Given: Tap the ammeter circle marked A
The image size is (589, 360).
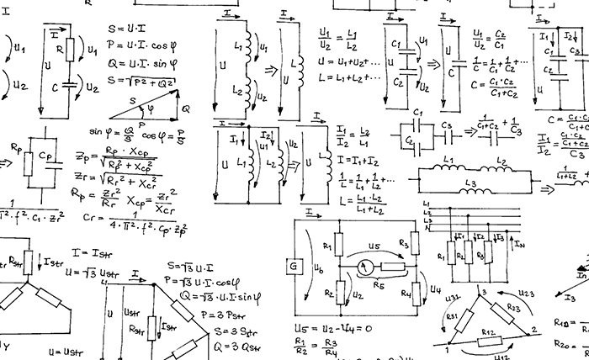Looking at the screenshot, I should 365,267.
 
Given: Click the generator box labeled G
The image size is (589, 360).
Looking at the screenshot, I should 296,268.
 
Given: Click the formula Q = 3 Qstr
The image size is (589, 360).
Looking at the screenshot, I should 223,345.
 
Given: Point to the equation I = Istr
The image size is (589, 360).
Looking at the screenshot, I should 90,251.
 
